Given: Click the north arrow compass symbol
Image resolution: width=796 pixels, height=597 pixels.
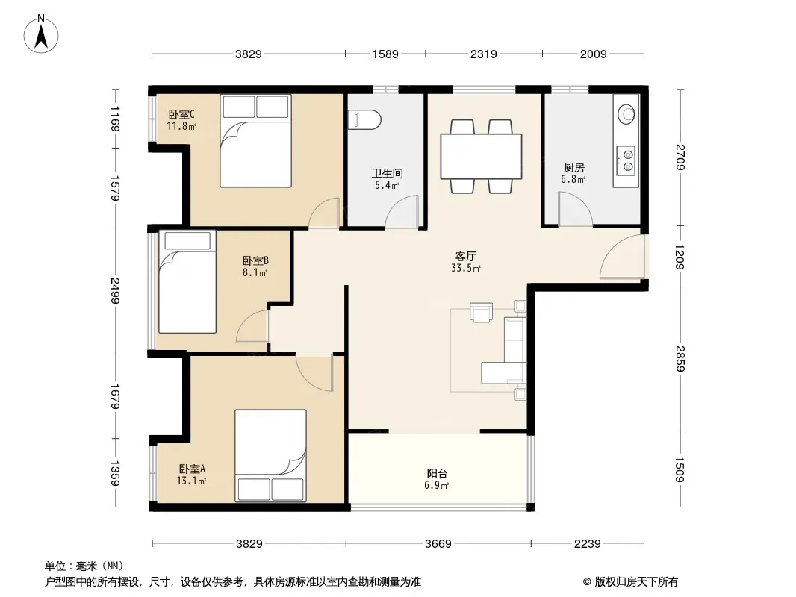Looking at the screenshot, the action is pyautogui.click(x=41, y=34).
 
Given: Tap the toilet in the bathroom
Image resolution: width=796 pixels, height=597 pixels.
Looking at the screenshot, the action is pyautogui.click(x=364, y=119).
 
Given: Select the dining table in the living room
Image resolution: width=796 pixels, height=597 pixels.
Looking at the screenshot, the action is pyautogui.click(x=481, y=156).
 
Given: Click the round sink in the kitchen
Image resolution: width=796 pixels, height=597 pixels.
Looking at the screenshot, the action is pyautogui.click(x=626, y=113).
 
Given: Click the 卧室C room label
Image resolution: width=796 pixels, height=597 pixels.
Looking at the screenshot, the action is pyautogui.click(x=181, y=115).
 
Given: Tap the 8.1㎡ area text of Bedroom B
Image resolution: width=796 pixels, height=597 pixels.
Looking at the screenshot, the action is pyautogui.click(x=255, y=272).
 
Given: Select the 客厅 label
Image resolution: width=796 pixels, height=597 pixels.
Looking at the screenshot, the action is pyautogui.click(x=465, y=256).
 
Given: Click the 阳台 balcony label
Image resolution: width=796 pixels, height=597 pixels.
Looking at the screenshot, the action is pyautogui.click(x=437, y=473).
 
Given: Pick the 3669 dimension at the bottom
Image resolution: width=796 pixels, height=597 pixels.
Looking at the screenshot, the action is pyautogui.click(x=438, y=544).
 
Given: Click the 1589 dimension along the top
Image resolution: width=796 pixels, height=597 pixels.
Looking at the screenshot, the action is pyautogui.click(x=385, y=54).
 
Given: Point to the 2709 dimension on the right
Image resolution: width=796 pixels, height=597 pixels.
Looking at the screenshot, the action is pyautogui.click(x=680, y=157).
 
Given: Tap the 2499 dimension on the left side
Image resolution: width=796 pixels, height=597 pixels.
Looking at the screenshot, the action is pyautogui.click(x=115, y=290).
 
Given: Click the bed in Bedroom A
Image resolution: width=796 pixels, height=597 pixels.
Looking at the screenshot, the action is pyautogui.click(x=270, y=456).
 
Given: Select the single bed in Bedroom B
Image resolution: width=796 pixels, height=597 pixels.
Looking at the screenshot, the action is pyautogui.click(x=187, y=281).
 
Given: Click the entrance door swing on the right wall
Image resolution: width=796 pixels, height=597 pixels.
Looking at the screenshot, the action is pyautogui.click(x=622, y=257).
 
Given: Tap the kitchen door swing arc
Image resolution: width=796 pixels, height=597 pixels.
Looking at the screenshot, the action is pyautogui.click(x=576, y=209).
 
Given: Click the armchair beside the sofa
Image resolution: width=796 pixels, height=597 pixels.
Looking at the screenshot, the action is pyautogui.click(x=481, y=312).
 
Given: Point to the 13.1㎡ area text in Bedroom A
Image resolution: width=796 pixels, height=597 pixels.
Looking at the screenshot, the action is pyautogui.click(x=191, y=481).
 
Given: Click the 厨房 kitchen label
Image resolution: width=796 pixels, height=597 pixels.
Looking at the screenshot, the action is pyautogui.click(x=573, y=167).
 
